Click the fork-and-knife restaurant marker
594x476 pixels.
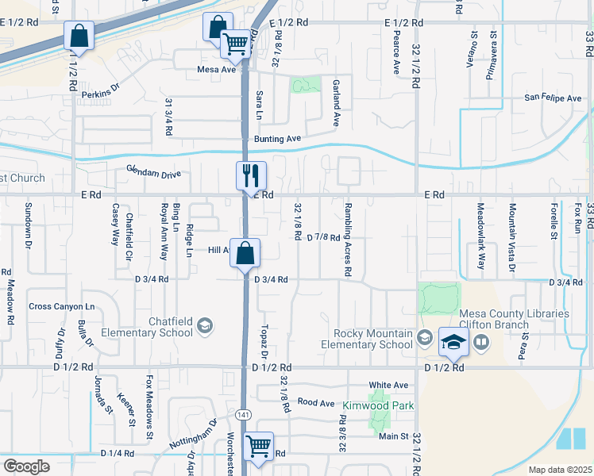coord(251,175)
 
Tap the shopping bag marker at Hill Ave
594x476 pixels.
coord(245,253)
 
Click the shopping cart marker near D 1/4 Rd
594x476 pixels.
coord(258,447)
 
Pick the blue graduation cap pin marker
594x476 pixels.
coord(453,342)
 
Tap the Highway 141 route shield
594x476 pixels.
coord(243,415)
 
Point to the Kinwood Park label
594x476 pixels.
coord(368,405)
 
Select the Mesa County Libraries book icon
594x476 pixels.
coord(480,341)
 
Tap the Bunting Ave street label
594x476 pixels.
coord(277,139)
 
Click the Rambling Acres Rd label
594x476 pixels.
coord(347,248)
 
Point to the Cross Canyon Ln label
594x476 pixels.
coord(61,306)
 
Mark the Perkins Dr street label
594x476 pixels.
coord(99,94)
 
